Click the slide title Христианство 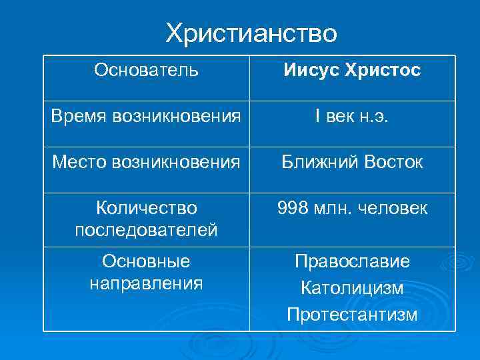251,33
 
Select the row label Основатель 146,70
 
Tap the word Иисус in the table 311,70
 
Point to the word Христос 383,70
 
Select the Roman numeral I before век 317,117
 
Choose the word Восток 391,163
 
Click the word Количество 147,209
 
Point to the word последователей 147,230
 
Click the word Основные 147,261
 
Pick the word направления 147,283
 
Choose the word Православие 352,261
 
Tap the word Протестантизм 352,313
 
